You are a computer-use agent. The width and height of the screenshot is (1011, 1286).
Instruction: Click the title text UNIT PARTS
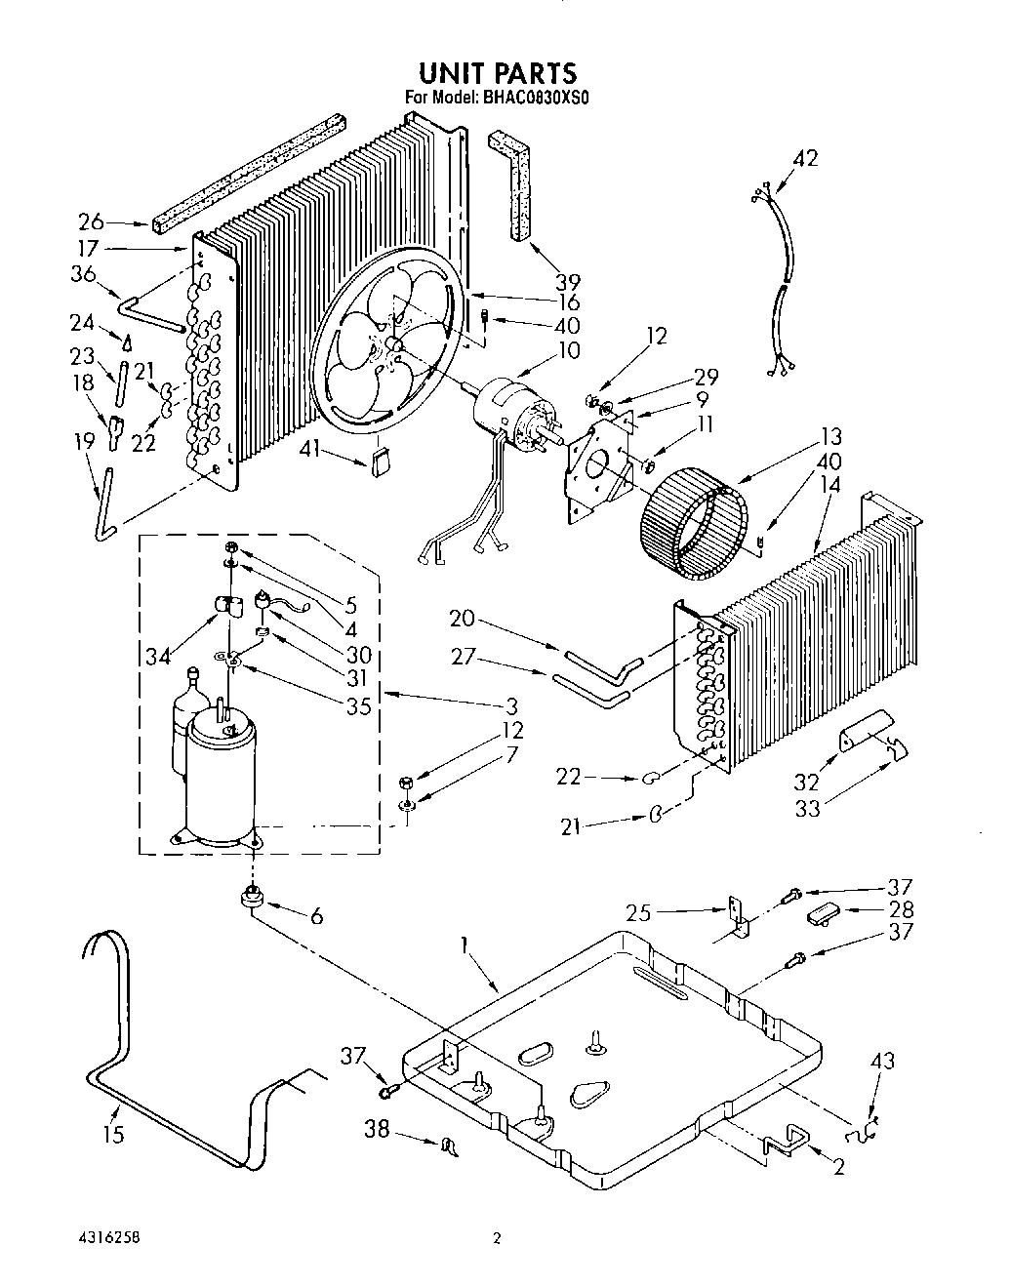[x=497, y=73]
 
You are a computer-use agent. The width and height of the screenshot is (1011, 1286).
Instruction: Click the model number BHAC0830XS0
[x=538, y=98]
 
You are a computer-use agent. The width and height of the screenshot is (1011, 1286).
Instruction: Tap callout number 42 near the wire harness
[x=805, y=158]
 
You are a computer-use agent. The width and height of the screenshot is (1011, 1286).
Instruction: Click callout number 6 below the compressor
[x=316, y=916]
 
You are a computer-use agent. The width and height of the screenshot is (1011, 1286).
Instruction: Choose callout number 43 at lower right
[x=881, y=1061]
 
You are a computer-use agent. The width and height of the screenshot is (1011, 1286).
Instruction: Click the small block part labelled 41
[x=380, y=460]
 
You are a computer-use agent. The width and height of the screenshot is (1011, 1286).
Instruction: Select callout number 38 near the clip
[x=377, y=1130]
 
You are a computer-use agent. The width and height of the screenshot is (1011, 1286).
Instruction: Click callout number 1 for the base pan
[x=465, y=945]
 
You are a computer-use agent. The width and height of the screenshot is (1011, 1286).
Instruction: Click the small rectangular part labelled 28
[x=823, y=915]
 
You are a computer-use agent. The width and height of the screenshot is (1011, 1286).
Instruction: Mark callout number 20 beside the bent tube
[x=463, y=618]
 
